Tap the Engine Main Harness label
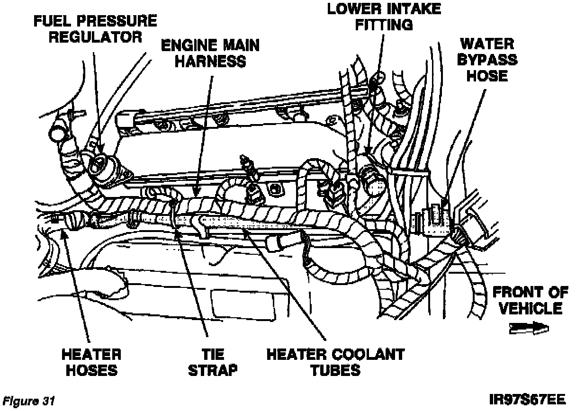[210, 53]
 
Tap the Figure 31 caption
[28, 402]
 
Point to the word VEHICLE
[530, 309]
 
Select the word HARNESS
[210, 61]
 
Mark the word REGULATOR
[96, 37]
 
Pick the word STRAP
[213, 370]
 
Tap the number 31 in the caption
[48, 402]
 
